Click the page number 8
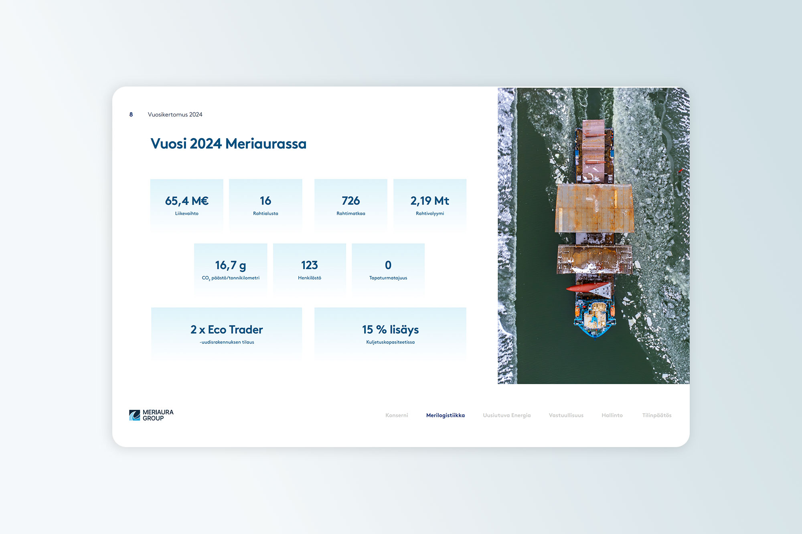[131, 115]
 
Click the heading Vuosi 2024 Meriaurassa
[229, 144]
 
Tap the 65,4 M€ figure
[187, 201]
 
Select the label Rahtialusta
[265, 214]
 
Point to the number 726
[351, 201]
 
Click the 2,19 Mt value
[430, 201]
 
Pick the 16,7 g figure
[231, 265]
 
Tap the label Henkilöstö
[310, 278]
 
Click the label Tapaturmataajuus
[388, 278]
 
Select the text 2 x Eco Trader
[227, 330]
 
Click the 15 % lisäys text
[391, 330]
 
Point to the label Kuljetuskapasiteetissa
[391, 342]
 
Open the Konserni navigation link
[397, 415]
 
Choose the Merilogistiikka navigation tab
[446, 415]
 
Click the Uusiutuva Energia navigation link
[507, 415]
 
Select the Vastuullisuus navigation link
[566, 415]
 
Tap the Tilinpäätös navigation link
[657, 415]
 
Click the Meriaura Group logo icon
[134, 415]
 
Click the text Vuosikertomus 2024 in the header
[175, 115]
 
